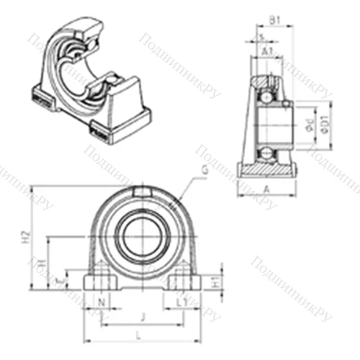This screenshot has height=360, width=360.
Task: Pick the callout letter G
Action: (x=207, y=170)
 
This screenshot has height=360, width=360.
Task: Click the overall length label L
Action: (x=139, y=333)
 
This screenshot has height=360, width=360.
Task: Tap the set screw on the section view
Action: (x=287, y=105)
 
